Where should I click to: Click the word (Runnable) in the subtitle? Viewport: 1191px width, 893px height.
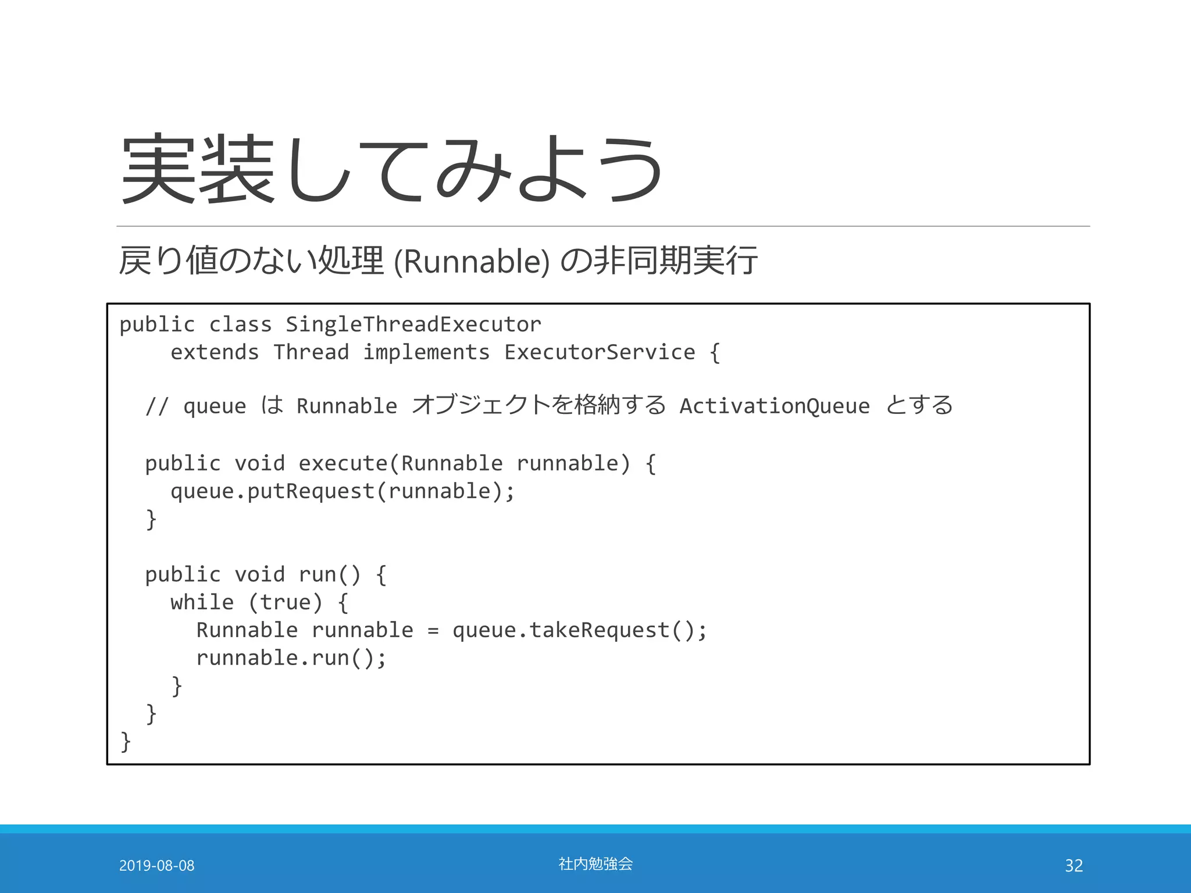[x=471, y=261]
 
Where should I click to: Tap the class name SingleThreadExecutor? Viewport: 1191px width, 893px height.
[x=413, y=324]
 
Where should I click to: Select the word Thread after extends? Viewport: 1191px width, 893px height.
[x=311, y=352]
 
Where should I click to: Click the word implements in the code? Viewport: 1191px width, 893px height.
[x=426, y=352]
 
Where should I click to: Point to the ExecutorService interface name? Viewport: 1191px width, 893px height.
[x=599, y=352]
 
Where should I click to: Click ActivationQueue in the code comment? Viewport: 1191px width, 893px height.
[x=774, y=406]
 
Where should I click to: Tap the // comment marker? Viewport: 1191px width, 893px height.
[x=157, y=406]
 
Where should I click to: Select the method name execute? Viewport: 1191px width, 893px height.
[x=343, y=463]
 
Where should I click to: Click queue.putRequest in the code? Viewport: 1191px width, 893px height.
[x=272, y=491]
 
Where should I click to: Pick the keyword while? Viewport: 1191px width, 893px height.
[x=202, y=602]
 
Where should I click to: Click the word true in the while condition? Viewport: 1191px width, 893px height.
[x=285, y=602]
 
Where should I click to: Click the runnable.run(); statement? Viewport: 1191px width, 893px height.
[x=291, y=658]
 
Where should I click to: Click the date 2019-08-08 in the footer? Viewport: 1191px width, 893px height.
[x=156, y=866]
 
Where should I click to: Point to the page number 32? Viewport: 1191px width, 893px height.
[x=1074, y=866]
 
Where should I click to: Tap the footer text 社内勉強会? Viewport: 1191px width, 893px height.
[x=595, y=864]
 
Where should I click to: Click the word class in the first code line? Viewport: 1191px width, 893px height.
[x=240, y=324]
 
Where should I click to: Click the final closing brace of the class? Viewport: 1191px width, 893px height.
[x=125, y=742]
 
